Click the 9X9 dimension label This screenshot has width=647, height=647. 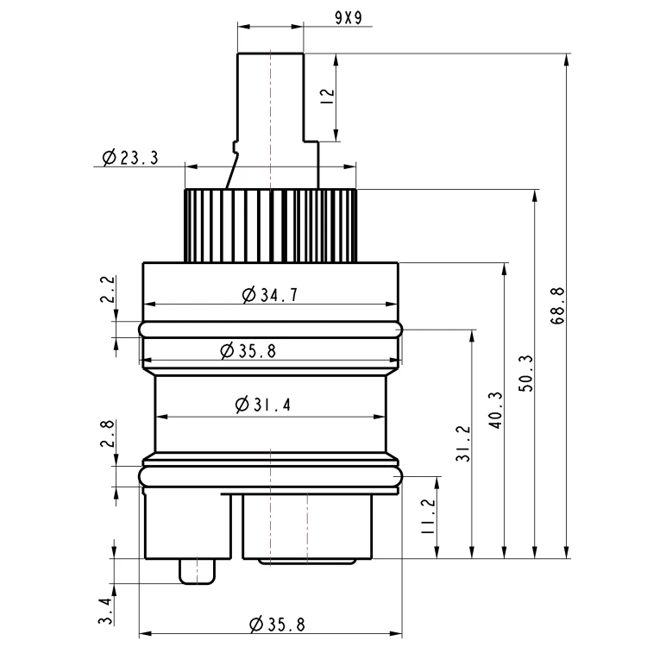(x=349, y=18)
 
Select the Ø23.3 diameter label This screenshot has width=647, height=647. (x=130, y=157)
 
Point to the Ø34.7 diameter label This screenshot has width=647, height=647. (x=270, y=295)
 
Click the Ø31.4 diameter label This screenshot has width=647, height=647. (x=263, y=405)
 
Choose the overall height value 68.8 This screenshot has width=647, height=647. (x=557, y=305)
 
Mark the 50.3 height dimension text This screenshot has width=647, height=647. (x=525, y=374)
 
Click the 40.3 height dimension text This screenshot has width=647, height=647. (x=495, y=410)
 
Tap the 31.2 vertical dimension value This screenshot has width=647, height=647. (x=463, y=443)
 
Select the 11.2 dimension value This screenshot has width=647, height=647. (x=428, y=516)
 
